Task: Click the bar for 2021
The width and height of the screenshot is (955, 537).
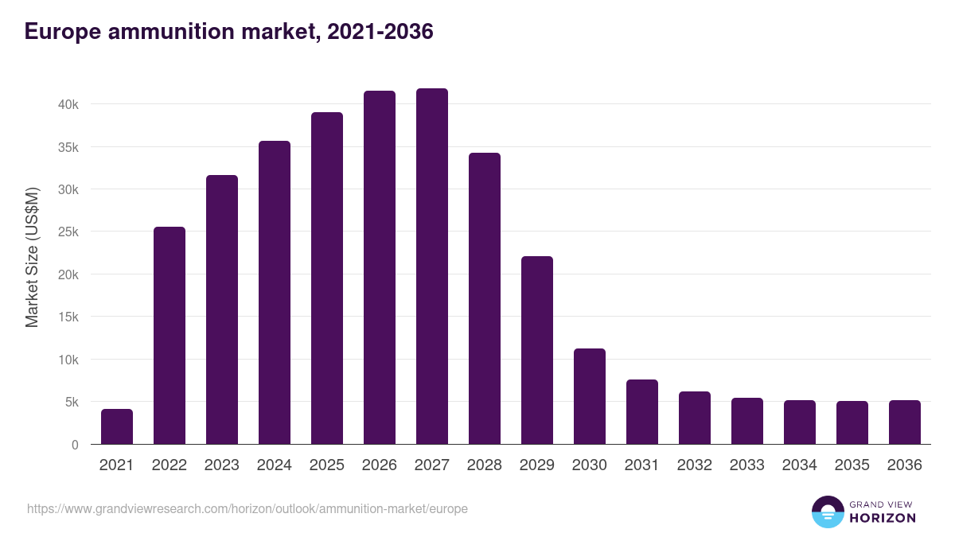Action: [117, 427]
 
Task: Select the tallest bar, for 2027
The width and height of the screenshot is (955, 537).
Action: [432, 267]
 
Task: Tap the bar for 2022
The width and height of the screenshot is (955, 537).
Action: [170, 336]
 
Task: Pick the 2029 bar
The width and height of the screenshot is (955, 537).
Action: [537, 350]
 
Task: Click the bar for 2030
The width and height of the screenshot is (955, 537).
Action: [590, 396]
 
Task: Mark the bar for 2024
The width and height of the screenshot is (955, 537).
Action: [275, 293]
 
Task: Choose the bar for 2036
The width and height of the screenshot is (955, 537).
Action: [905, 422]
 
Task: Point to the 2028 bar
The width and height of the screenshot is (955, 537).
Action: [485, 298]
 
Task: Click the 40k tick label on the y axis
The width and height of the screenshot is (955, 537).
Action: [68, 105]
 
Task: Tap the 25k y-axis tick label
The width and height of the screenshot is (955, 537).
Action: [68, 232]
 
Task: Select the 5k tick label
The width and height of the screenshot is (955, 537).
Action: [70, 403]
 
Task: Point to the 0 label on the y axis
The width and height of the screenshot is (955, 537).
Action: [75, 445]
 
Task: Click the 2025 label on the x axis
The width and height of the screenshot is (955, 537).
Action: [327, 465]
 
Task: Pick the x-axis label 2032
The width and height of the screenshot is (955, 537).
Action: [695, 465]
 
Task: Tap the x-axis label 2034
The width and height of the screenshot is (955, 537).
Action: [800, 465]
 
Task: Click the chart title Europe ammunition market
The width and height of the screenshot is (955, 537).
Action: [229, 32]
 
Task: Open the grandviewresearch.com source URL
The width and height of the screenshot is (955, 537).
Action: [248, 508]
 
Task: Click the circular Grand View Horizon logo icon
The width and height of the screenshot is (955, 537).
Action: [828, 512]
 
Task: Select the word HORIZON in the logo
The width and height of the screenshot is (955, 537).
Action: [883, 518]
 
